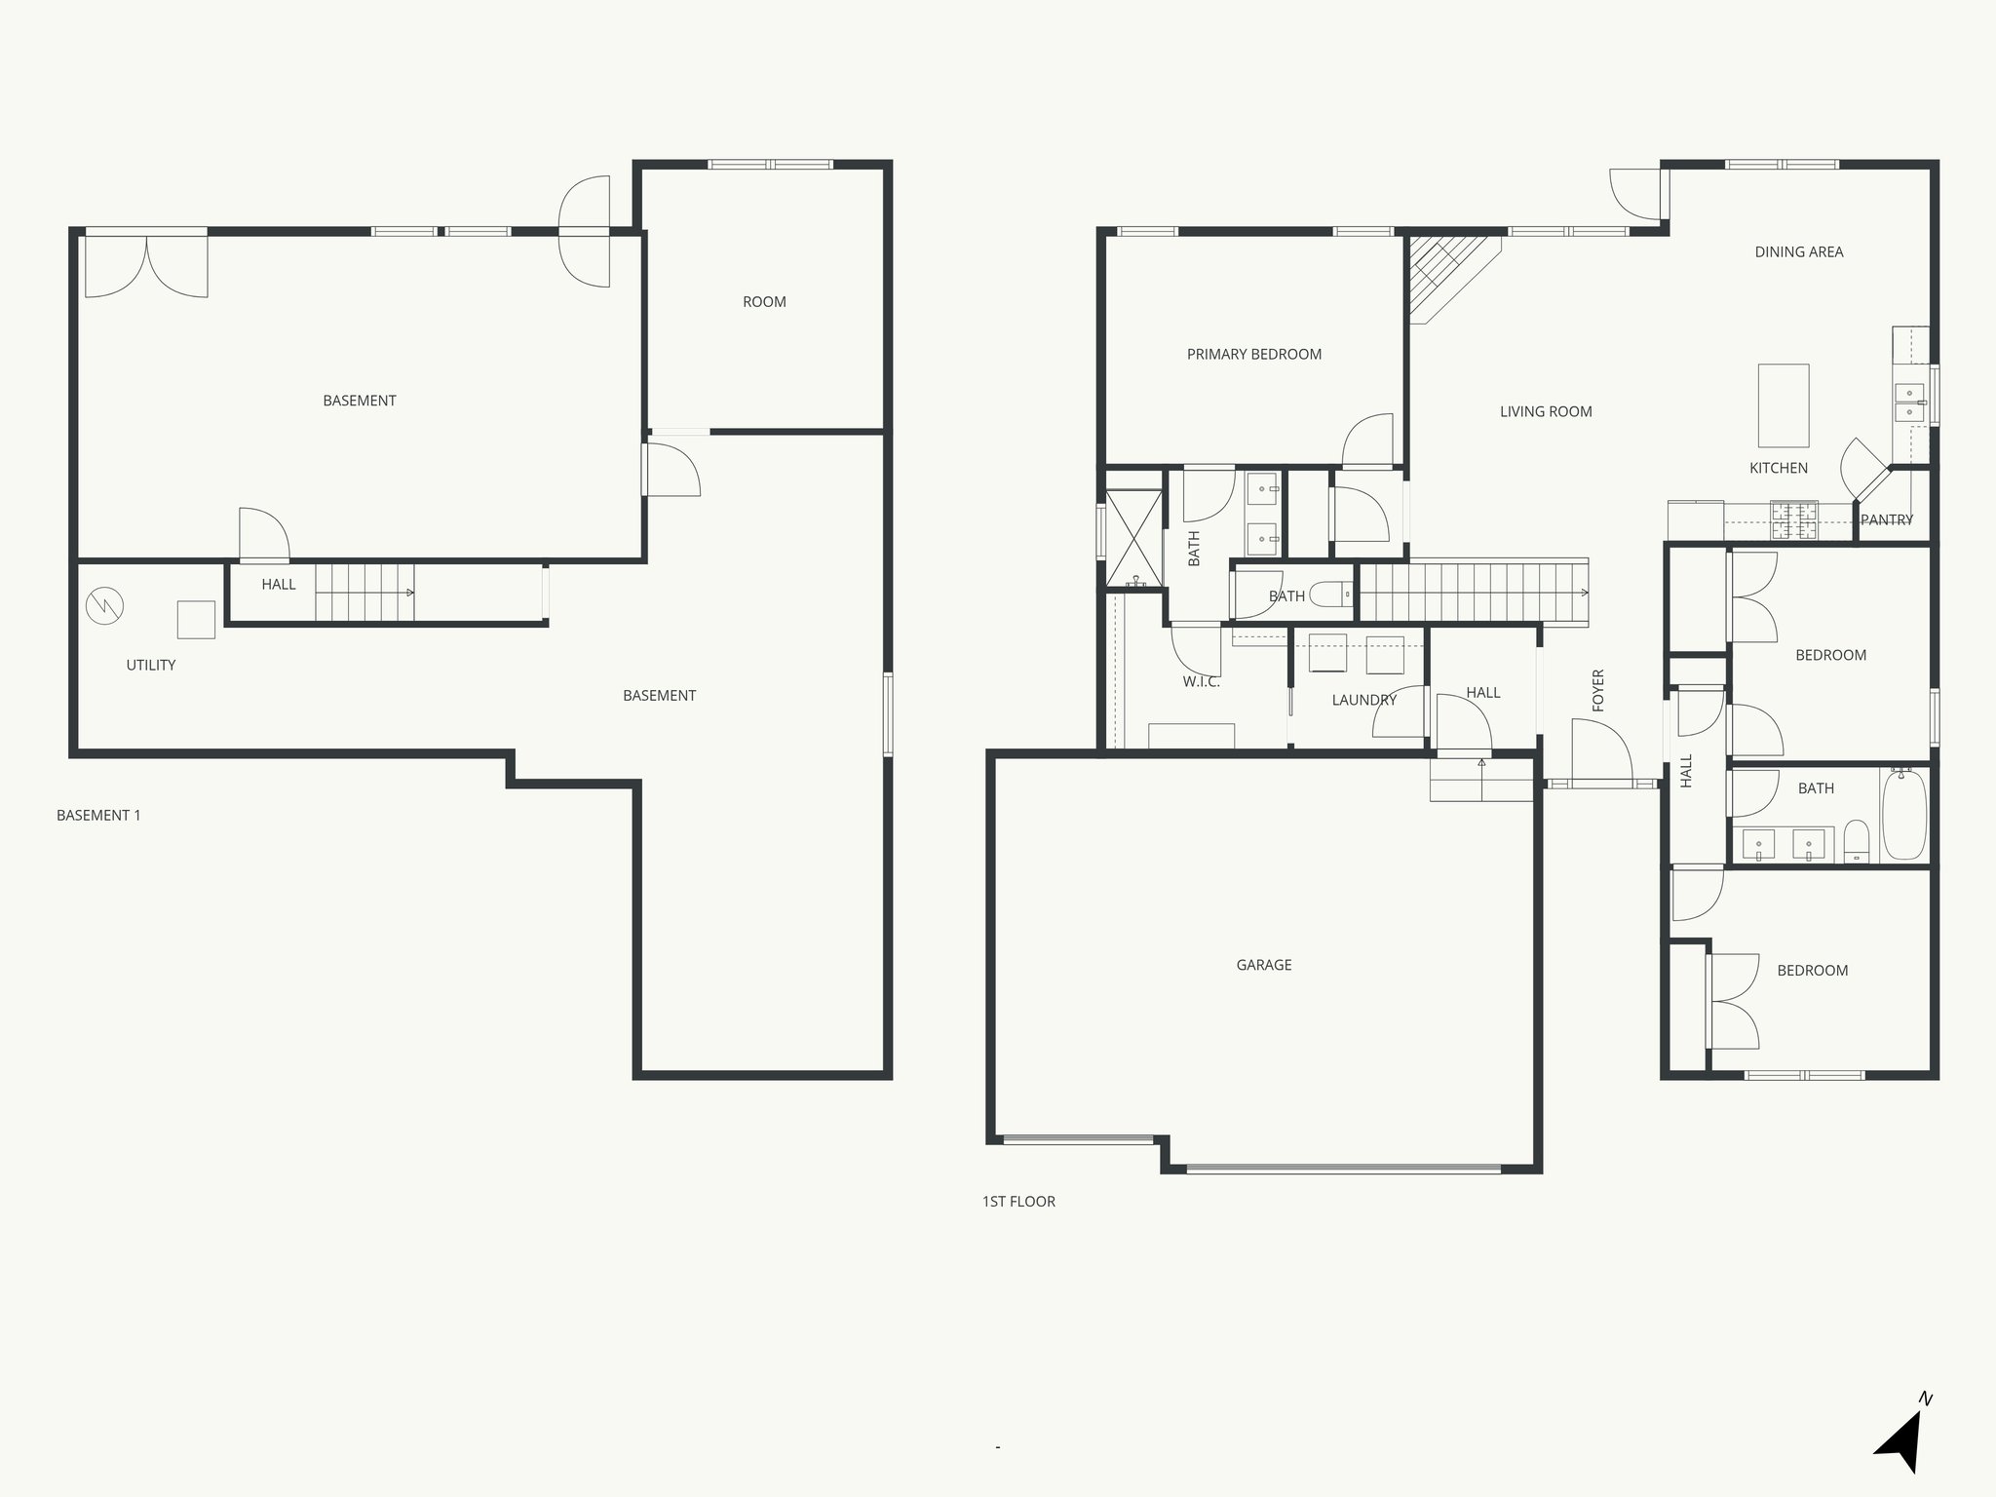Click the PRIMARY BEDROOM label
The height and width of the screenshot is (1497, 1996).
tap(1253, 355)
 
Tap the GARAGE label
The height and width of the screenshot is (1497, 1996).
tap(1263, 965)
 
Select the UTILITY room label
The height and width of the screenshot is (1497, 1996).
tap(150, 666)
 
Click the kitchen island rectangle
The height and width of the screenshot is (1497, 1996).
tap(1783, 404)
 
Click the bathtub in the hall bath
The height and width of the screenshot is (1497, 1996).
tap(1903, 815)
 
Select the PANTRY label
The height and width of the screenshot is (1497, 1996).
tap(1886, 520)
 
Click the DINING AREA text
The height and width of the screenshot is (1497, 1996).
tap(1798, 252)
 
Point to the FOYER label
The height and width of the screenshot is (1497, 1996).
tap(1597, 690)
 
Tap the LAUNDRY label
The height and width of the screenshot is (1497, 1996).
tap(1363, 700)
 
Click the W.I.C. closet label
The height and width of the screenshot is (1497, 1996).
tap(1201, 682)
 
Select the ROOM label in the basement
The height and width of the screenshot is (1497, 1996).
tap(764, 302)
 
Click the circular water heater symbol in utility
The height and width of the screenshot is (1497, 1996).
tap(104, 606)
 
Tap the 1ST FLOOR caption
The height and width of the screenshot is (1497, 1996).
tap(1018, 1202)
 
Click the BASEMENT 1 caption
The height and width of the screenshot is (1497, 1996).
tap(98, 816)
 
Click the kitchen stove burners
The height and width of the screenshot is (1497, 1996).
tap(1793, 520)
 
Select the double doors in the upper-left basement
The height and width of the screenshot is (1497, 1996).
tap(146, 265)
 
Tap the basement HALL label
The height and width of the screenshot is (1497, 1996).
tap(278, 585)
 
